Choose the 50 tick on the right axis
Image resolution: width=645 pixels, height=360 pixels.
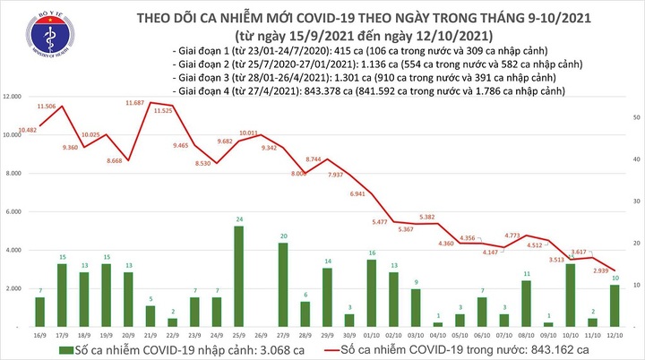pos(635,117)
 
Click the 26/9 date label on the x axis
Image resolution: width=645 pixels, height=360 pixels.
pos(261,332)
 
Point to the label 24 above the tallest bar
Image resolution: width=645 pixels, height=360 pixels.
pos(238,219)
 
